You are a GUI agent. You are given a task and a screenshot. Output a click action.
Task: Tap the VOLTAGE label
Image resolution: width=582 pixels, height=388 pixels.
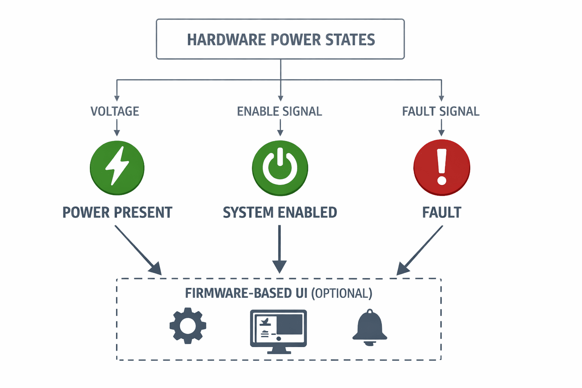[x=115, y=111]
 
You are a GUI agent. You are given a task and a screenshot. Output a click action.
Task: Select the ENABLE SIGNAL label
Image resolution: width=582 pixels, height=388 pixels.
[x=280, y=111]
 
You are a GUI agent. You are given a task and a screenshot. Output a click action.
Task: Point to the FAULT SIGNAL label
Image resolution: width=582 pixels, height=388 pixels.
[x=441, y=111]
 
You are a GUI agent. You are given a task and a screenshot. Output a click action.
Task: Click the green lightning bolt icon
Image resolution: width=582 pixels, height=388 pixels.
[x=117, y=168]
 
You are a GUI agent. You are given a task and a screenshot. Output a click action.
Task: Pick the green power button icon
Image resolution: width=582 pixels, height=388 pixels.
[x=280, y=168]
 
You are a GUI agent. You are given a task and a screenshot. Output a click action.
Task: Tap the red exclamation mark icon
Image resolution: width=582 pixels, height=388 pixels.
[x=442, y=167]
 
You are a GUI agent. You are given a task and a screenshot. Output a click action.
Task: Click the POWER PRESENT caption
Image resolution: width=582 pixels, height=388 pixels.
[x=117, y=212]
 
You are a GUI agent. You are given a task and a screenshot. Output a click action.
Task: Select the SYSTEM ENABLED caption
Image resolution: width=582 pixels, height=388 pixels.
[x=280, y=212]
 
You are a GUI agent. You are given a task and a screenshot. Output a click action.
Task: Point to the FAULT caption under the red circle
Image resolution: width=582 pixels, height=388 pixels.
[x=442, y=212]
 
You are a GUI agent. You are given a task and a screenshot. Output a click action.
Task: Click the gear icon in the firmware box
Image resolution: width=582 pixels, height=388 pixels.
[x=188, y=326]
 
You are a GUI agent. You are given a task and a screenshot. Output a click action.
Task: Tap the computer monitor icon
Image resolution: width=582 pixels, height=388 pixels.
[x=278, y=332]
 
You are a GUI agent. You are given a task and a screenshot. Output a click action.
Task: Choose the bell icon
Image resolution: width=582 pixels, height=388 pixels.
[x=370, y=327]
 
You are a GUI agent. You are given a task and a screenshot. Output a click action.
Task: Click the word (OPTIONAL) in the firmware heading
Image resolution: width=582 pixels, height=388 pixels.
[x=342, y=293]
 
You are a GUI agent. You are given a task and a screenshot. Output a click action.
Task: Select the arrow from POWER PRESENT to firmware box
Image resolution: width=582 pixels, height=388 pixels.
[x=138, y=250]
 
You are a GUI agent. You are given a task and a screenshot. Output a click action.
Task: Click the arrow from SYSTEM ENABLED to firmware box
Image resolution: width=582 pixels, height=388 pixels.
[x=280, y=249]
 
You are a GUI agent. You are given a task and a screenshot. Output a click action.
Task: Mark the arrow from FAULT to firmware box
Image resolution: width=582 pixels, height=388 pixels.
[x=419, y=250]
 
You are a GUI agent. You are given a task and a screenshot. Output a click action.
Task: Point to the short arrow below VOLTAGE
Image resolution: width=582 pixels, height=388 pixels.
[x=117, y=128]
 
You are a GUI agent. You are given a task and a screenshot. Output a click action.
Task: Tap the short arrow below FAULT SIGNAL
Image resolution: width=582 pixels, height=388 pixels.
[x=441, y=128]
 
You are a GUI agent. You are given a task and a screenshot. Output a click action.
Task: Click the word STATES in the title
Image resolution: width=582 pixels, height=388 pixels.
[x=350, y=40]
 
